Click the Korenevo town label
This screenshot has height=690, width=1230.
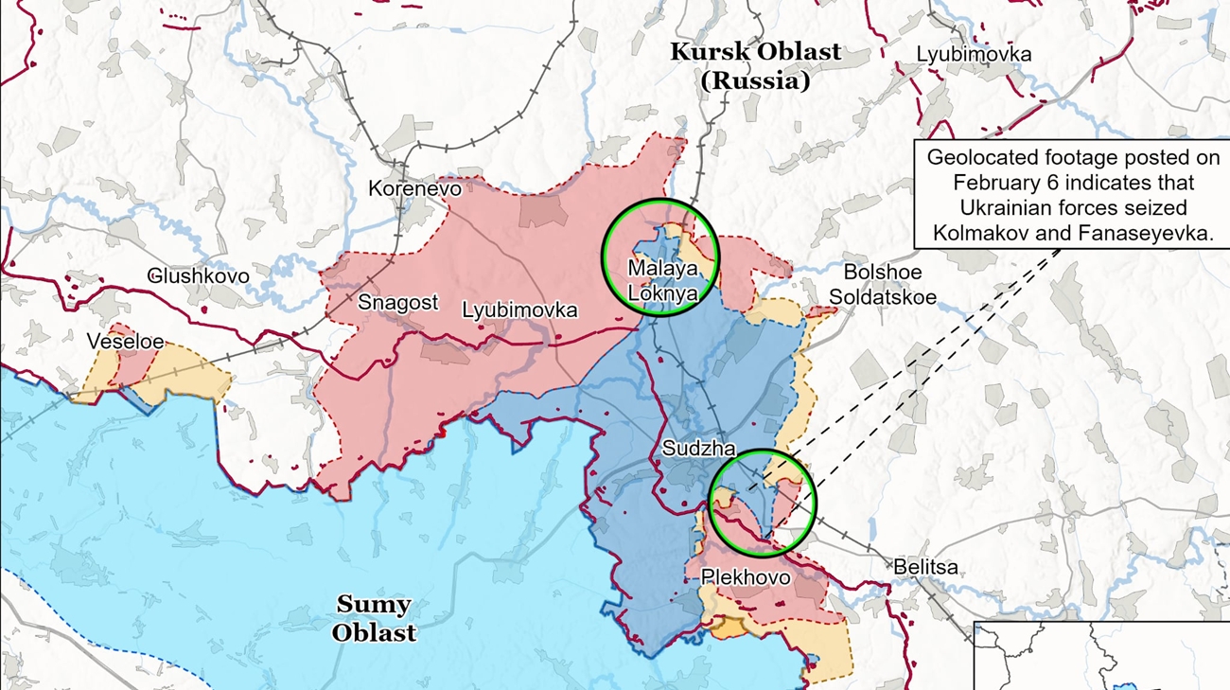tap(414, 188)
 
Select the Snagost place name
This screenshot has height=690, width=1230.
tap(397, 303)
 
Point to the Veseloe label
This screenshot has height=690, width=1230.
tap(125, 342)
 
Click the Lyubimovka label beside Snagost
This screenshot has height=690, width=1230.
tap(519, 310)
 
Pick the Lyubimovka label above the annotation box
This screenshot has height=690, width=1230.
tap(974, 55)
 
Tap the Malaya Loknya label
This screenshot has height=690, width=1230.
tap(662, 281)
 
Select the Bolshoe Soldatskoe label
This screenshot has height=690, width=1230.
tap(883, 285)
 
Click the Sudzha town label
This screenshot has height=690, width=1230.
tap(698, 449)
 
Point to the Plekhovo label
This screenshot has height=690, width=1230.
tap(746, 576)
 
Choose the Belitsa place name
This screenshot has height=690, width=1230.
tap(925, 567)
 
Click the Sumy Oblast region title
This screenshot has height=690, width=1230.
tap(374, 618)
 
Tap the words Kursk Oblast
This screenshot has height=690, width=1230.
tap(755, 52)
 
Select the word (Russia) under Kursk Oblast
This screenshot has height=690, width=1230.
tap(755, 81)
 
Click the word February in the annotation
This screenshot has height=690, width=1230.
tap(1003, 183)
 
